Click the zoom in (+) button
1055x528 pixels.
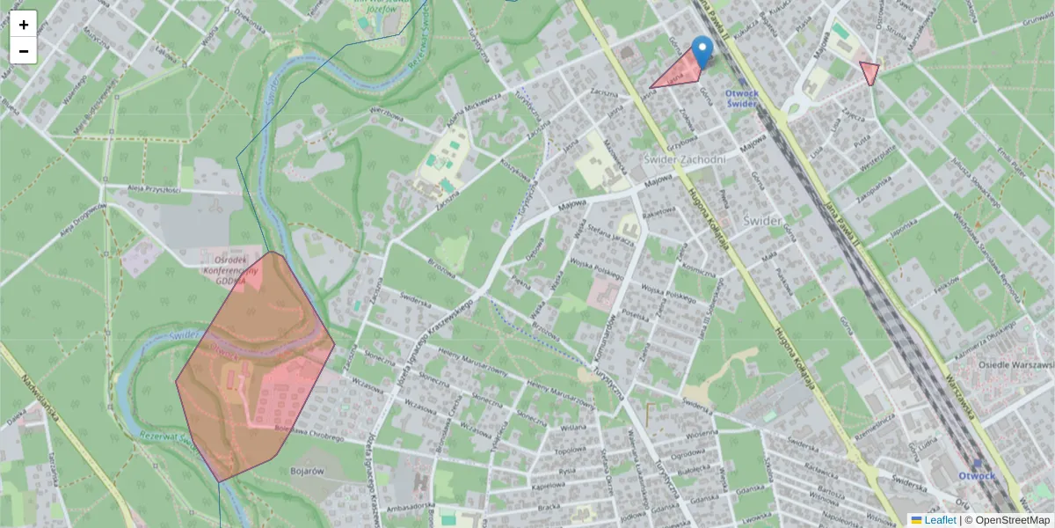pyautogui.click(x=24, y=25)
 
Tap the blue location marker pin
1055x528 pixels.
pyautogui.click(x=702, y=51)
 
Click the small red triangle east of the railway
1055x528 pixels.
pyautogui.click(x=869, y=72)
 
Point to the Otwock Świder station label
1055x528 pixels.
pyautogui.click(x=742, y=98)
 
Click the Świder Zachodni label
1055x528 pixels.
pyautogui.click(x=684, y=159)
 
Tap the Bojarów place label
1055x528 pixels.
pyautogui.click(x=307, y=471)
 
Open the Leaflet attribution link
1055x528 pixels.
pyautogui.click(x=940, y=520)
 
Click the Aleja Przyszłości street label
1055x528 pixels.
pyautogui.click(x=154, y=189)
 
